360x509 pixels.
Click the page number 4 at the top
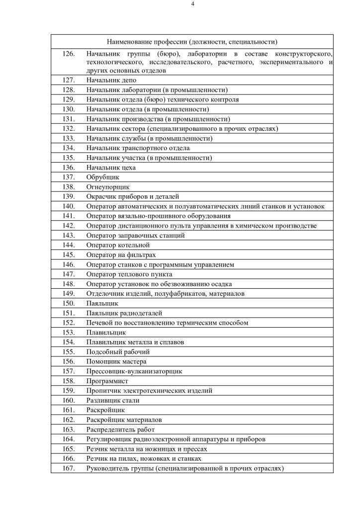pos(192,4)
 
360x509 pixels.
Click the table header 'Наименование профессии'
pos(192,42)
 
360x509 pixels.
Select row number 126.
pos(69,53)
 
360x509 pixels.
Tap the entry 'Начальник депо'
pos(107,80)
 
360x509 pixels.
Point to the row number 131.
pos(69,119)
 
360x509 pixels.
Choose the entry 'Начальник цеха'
pos(111,168)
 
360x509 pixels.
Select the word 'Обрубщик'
pos(103,177)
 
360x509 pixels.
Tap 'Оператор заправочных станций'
pos(131,236)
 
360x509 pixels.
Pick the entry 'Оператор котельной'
pos(118,245)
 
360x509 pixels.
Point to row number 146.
pos(69,264)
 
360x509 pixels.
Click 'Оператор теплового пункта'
pos(129,274)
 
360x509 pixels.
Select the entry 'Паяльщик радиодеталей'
pos(124,313)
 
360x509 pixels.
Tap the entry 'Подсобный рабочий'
pos(118,352)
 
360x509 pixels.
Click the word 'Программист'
pos(107,381)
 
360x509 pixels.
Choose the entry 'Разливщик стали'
pos(113,400)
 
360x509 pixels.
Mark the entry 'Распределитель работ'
pos(120,429)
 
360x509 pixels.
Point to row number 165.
pos(69,449)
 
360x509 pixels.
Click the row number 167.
pos(69,468)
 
